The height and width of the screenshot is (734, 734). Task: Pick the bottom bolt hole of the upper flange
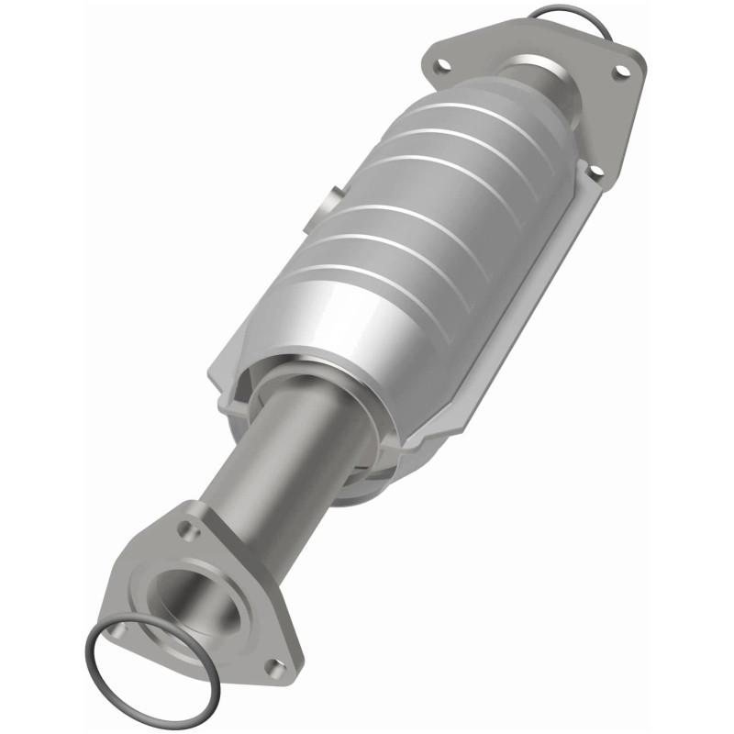coord(594,171)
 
